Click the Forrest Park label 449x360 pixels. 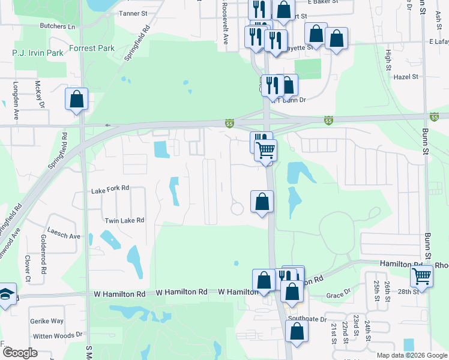(91, 48)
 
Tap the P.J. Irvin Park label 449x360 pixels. (38, 53)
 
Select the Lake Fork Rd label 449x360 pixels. (110, 188)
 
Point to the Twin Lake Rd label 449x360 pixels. (124, 221)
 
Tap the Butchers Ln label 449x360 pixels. (57, 26)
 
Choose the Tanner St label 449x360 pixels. (133, 13)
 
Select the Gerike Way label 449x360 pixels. (47, 322)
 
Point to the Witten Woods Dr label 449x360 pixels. (57, 335)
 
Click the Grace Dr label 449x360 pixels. (339, 295)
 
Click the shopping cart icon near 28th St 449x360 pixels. (422, 277)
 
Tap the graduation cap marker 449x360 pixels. (6, 294)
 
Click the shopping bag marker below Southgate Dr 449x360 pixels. (297, 331)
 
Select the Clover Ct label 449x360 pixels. (28, 268)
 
